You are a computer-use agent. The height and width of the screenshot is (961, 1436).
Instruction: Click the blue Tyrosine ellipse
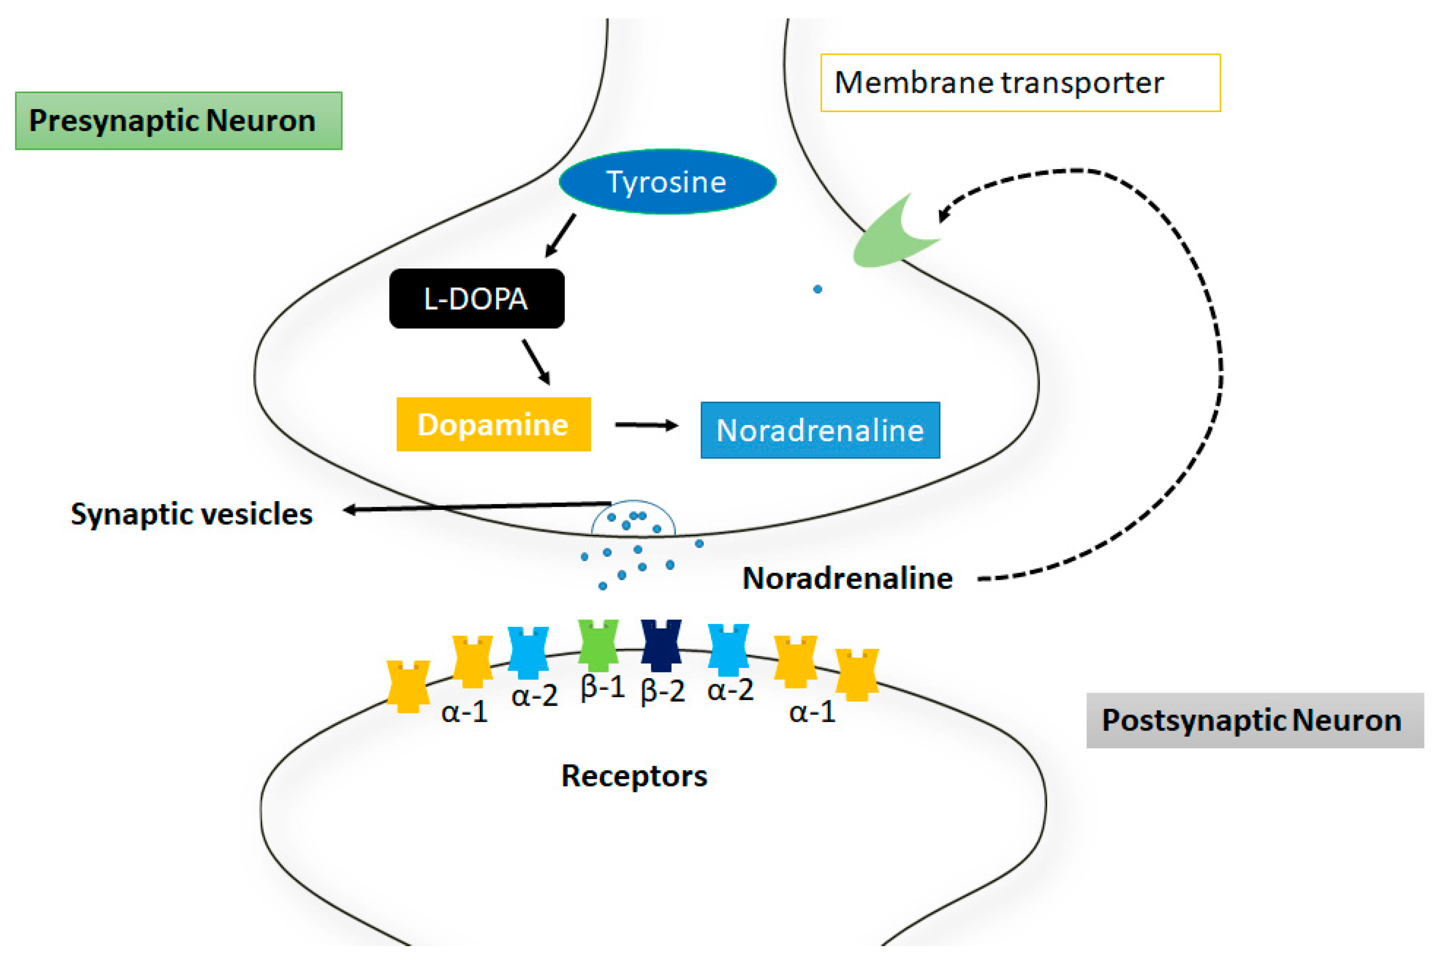point(667,182)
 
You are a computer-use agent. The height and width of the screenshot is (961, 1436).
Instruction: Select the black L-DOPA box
point(476,298)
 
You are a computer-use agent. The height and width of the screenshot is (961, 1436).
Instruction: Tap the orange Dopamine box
point(493,424)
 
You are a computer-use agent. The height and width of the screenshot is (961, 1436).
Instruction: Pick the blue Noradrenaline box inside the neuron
point(820,430)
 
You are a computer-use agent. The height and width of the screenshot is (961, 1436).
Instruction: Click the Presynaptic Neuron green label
point(178,121)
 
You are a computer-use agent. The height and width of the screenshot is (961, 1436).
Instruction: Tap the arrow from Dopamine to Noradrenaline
point(646,425)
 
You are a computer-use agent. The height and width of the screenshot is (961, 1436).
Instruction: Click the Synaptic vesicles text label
point(191,514)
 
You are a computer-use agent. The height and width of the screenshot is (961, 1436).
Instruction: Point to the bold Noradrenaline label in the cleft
point(847,578)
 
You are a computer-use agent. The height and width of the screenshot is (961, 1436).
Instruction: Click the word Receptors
point(634,776)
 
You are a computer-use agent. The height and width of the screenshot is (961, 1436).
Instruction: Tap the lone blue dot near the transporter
point(818,289)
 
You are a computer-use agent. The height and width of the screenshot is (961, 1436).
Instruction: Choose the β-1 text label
point(602,688)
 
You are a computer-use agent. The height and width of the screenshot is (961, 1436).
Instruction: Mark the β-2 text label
point(662,691)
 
